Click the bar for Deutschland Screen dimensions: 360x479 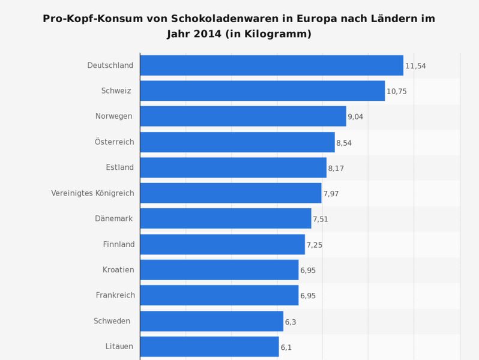coord(271,65)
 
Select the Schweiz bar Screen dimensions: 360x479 coord(262,91)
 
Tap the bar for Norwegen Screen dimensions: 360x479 coord(243,116)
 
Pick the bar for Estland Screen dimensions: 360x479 coord(233,167)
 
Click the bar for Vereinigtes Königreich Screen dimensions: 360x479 coord(230,193)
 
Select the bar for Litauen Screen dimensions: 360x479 coord(209,347)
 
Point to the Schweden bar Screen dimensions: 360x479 coord(211,321)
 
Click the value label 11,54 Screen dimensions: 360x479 coord(415,66)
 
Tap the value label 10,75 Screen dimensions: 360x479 coord(397,92)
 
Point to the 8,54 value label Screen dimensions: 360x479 coord(344,143)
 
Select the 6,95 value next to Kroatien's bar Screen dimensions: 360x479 coord(308,271)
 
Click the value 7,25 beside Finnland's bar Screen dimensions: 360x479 coord(315,245)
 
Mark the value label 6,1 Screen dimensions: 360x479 coord(286,347)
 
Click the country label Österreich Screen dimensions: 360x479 coord(114,142)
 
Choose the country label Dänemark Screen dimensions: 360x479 coord(114,218)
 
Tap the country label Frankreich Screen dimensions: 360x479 coord(115,295)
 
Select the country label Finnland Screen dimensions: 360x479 coord(119,244)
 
